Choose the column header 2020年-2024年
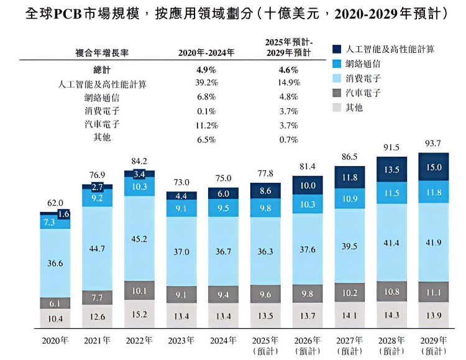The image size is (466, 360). point(206,53)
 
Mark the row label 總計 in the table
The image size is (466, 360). point(101,70)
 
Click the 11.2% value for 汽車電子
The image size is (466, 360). point(206,124)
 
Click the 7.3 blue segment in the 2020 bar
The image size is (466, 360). point(50,222)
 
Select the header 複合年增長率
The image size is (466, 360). point(101,53)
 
